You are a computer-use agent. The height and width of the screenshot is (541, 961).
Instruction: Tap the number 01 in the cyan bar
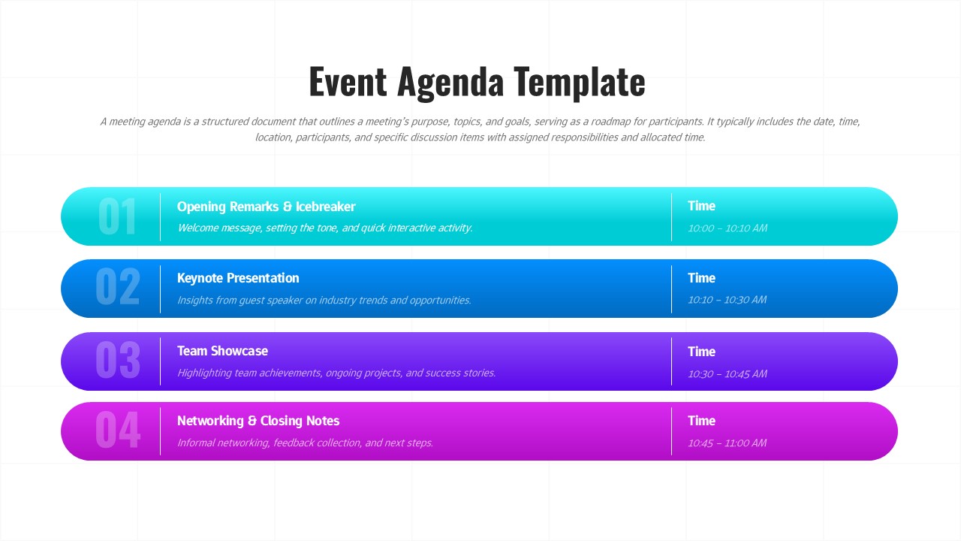(117, 217)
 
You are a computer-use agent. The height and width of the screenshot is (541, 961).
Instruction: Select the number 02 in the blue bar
(117, 288)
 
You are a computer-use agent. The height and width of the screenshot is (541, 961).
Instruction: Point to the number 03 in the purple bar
(117, 361)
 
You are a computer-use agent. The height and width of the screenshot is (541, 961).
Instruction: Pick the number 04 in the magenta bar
(117, 431)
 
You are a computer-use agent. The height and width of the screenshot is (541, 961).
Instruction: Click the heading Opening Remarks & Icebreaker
(266, 207)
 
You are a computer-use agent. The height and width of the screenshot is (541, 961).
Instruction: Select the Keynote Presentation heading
(238, 278)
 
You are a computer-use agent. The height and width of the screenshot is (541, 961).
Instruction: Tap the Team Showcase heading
(222, 351)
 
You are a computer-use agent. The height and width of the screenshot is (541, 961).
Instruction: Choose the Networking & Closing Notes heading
(258, 421)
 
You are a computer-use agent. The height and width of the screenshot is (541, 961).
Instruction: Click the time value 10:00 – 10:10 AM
(727, 228)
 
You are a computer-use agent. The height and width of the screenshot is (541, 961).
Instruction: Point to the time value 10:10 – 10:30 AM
(727, 300)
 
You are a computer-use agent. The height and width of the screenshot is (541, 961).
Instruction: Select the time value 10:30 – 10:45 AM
(727, 373)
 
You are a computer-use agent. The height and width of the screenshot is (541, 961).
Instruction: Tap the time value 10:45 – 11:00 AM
(727, 443)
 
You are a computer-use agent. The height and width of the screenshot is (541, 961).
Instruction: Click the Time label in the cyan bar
(701, 206)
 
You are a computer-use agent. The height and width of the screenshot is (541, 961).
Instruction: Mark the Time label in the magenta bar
(701, 421)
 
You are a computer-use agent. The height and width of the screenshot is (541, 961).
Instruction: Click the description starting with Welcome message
(324, 228)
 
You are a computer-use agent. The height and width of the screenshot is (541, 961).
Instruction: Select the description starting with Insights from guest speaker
(324, 300)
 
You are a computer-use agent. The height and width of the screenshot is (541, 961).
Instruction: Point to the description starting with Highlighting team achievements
(336, 373)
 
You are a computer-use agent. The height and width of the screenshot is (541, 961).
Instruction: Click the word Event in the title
(348, 83)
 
